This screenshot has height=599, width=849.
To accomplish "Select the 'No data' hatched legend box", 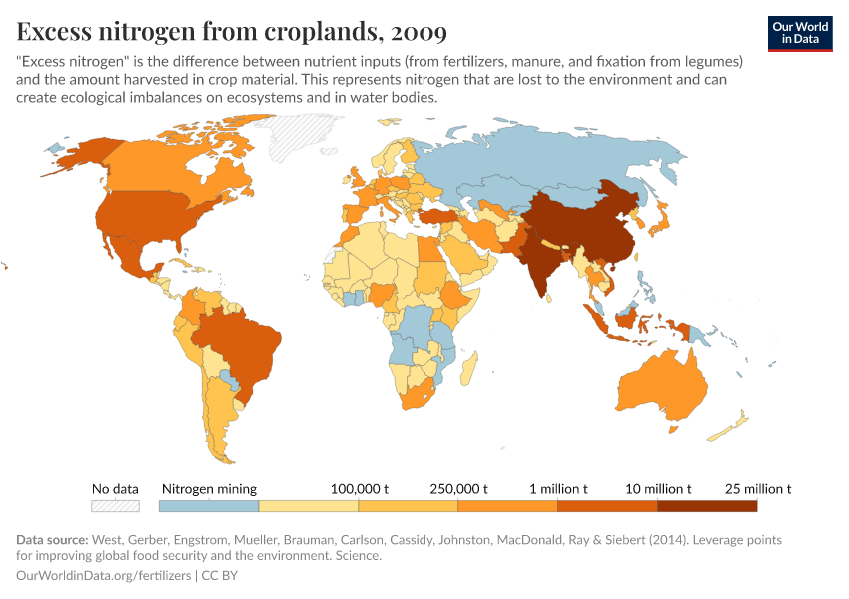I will coord(115,506).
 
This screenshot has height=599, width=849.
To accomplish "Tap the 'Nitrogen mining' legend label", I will coord(209,489).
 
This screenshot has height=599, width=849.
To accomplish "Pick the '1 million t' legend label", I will coord(558,489).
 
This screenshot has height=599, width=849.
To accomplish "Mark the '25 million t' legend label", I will coord(758,489).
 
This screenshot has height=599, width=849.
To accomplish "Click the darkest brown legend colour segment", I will coord(706,506).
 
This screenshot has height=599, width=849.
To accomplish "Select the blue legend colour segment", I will coord(209,506).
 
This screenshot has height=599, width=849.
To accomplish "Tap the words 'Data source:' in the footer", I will coord(52,540).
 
